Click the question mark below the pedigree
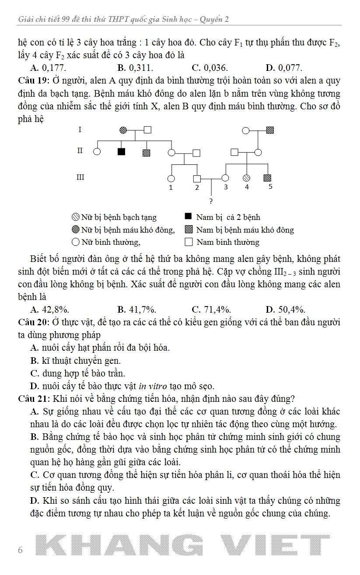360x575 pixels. (211, 202)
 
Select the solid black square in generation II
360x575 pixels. (122, 152)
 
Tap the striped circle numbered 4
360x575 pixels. (246, 178)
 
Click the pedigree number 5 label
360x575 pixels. (270, 187)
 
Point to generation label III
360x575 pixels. (80, 177)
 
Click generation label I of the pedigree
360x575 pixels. (80, 129)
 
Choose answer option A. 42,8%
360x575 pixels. (49, 310)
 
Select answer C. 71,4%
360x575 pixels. (211, 310)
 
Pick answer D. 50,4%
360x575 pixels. (285, 310)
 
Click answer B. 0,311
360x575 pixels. (135, 68)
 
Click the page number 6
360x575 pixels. (20, 550)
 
